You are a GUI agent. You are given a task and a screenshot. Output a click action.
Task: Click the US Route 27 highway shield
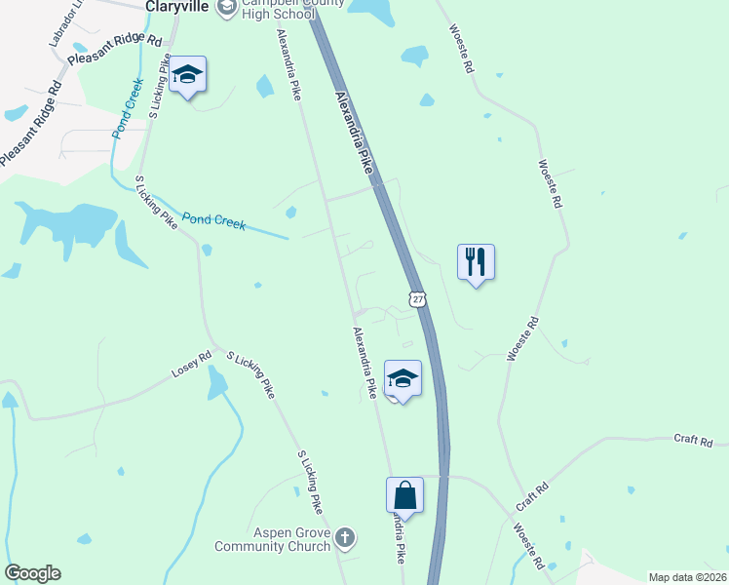pyautogui.click(x=417, y=300)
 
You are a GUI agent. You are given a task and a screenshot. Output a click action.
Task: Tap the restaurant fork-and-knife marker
pyautogui.click(x=476, y=262)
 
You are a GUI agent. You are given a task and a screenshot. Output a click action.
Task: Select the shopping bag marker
pyautogui.click(x=404, y=495)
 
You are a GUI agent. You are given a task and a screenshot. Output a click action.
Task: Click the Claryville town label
pyautogui.click(x=178, y=6)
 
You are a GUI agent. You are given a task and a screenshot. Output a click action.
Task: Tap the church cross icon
pyautogui.click(x=345, y=538)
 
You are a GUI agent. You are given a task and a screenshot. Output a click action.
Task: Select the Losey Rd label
pyautogui.click(x=191, y=366)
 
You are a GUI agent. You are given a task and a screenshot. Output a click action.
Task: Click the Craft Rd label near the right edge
pyautogui.click(x=694, y=440)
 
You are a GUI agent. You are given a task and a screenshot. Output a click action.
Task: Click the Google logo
pyautogui.click(x=32, y=573)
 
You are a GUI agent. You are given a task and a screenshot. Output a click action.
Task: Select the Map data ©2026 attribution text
pyautogui.click(x=688, y=577)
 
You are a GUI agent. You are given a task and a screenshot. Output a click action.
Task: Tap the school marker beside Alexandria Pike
pyautogui.click(x=403, y=378)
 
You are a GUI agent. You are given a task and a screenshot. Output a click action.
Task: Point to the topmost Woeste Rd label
pyautogui.click(x=460, y=49)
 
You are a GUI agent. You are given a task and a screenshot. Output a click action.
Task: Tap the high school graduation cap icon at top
pyautogui.click(x=227, y=8)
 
